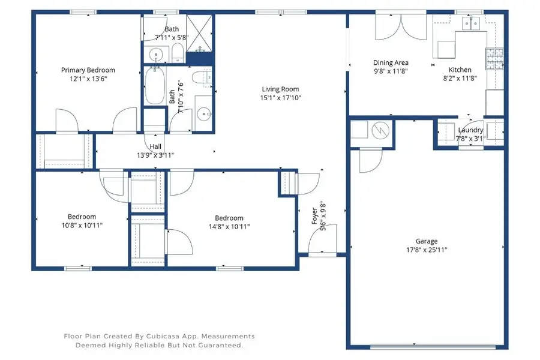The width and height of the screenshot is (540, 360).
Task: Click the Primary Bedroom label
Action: [88, 70]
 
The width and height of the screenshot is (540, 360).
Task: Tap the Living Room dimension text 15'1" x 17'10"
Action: [280, 98]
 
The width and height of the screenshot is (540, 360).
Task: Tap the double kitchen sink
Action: [469, 24]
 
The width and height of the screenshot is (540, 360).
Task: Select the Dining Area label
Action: [391, 62]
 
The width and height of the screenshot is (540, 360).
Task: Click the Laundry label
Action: [470, 130]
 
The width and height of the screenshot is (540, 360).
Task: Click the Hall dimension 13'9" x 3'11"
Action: [155, 155]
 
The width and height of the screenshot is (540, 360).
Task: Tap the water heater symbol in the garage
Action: [380, 130]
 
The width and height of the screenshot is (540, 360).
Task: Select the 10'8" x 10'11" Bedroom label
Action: [82, 217]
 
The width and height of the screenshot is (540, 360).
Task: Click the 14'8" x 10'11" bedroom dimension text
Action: [229, 226]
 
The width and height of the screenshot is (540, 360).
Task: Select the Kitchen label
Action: [460, 70]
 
